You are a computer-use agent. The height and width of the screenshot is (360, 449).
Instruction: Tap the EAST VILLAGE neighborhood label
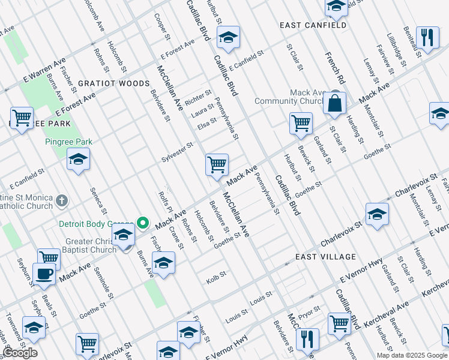click(326, 257)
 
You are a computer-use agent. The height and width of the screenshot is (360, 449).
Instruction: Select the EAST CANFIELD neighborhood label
click(313, 25)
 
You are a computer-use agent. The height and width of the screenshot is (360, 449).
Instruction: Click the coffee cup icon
click(43, 274)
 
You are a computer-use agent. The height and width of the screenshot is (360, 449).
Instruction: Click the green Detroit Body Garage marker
click(143, 223)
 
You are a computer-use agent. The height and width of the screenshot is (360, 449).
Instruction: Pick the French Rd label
click(335, 68)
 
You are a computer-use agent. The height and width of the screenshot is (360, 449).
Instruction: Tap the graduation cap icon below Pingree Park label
click(78, 160)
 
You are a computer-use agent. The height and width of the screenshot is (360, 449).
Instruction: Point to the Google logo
click(20, 353)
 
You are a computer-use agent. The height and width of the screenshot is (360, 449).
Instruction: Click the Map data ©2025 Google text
click(411, 355)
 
